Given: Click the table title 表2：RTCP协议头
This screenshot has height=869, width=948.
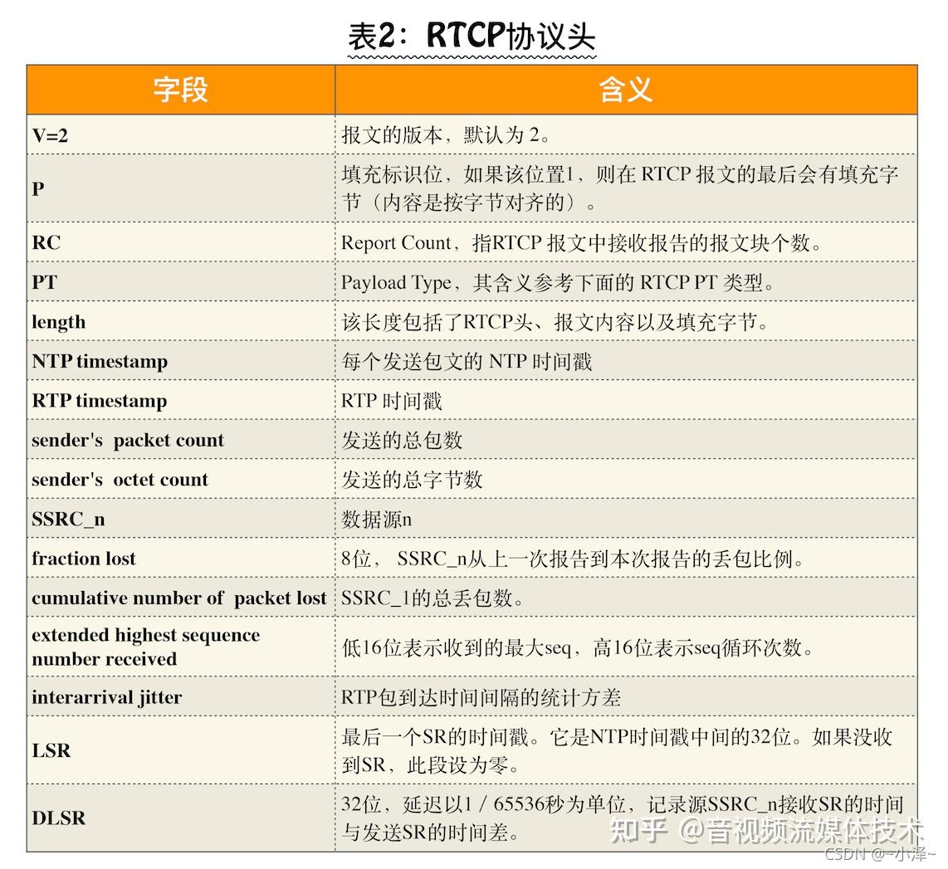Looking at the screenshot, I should coord(471,37).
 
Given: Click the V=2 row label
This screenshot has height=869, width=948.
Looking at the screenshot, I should coord(50,135).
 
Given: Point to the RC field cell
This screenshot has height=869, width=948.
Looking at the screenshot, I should coord(46,243).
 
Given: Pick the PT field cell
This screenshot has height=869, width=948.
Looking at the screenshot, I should coord(45,282).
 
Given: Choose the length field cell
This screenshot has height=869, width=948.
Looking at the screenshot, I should coord(59,322).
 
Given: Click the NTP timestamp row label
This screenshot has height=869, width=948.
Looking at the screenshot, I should coord(100,361).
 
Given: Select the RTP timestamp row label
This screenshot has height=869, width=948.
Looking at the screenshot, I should coord(100,401).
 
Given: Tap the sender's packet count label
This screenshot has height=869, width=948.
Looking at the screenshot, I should coord(128,441).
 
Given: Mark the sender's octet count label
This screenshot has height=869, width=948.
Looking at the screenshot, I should coord(120,480).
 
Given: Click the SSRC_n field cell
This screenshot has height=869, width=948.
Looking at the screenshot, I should coord(68,520).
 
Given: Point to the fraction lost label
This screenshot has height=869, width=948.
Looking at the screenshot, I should coord(84,559).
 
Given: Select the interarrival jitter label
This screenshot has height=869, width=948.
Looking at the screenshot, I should coord(106,697).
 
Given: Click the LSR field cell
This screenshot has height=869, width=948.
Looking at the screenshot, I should coord(51,750).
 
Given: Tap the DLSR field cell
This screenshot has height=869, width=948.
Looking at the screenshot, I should coord(59,818).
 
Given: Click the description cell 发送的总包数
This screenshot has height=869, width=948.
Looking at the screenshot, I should coord(402,441).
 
